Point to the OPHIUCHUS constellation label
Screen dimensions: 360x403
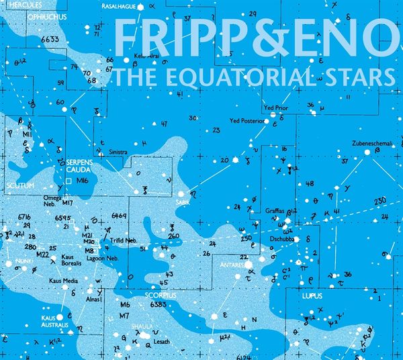(46, 17)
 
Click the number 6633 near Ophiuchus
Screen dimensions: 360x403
(50, 40)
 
